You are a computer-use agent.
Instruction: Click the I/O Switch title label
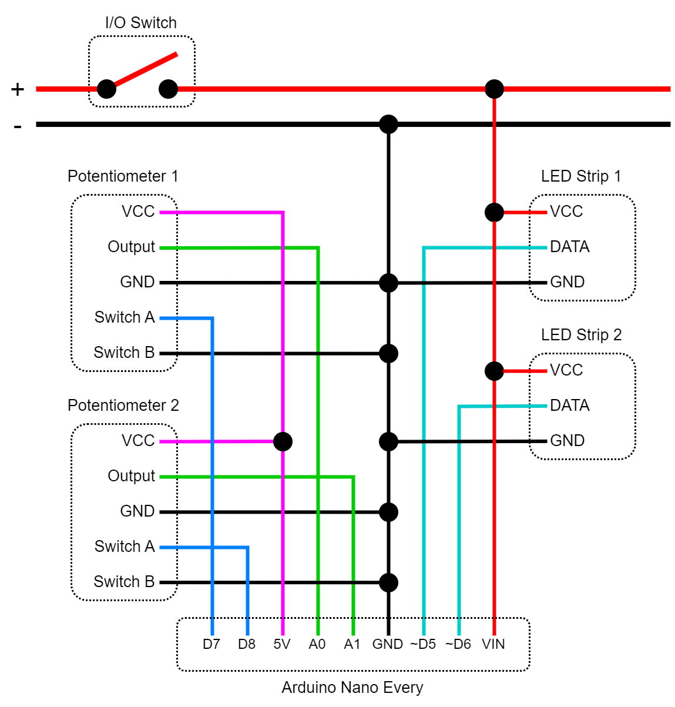pos(141,23)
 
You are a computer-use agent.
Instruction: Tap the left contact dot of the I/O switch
pos(106,89)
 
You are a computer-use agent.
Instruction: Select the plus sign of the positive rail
pos(18,89)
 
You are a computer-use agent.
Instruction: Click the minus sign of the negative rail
pos(18,126)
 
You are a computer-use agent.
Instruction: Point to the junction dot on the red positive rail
pos(494,89)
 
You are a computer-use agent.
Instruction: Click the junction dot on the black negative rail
pos(388,124)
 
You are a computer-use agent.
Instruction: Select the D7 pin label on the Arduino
pos(211,644)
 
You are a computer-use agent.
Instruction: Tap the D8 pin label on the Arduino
pos(247,644)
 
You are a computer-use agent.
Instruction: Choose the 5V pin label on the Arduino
pos(282,644)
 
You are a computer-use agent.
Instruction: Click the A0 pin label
pos(317,644)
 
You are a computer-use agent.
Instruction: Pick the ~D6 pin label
pos(458,644)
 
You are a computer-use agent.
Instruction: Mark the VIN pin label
pos(493,644)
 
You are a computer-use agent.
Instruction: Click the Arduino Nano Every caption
pos(352,688)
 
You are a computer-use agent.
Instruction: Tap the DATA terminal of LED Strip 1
pos(569,247)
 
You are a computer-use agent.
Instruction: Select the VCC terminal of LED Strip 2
pos(566,370)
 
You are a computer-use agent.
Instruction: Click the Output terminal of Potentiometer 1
pos(131,247)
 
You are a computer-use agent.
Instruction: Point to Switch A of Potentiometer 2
pos(125,547)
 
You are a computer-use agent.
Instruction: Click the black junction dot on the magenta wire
pos(283,441)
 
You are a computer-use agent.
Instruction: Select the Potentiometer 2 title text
pos(123,406)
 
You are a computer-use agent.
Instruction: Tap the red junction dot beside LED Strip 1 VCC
pos(494,212)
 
